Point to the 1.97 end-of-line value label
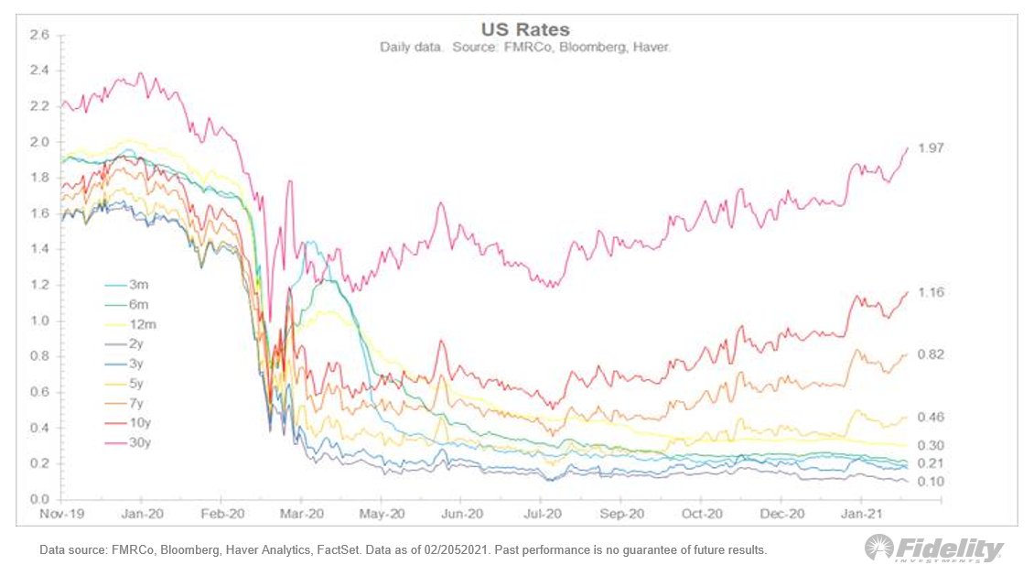point(930,147)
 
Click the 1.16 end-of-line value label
point(930,292)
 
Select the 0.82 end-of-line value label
point(930,354)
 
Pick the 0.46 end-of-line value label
point(930,417)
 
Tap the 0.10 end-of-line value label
point(930,482)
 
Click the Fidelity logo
point(933,549)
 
